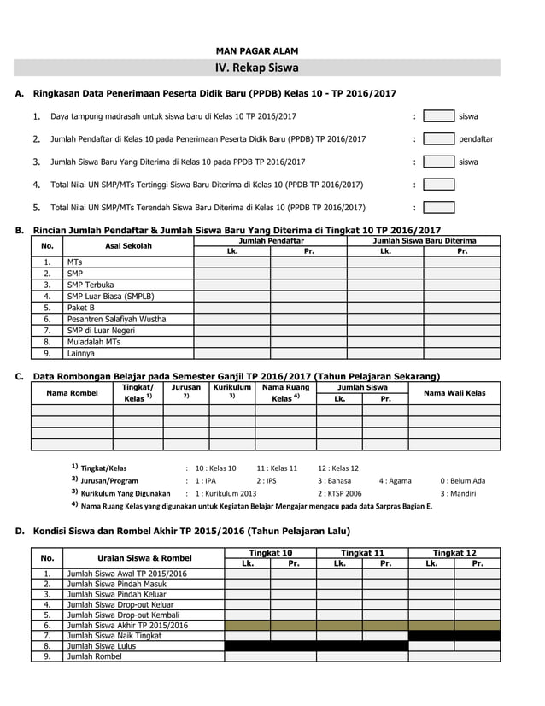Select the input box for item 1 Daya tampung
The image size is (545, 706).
click(438, 115)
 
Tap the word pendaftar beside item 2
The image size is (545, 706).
click(476, 138)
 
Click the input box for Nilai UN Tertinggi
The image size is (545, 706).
click(438, 184)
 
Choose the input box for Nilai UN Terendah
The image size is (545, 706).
click(438, 207)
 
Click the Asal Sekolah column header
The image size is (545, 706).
click(128, 246)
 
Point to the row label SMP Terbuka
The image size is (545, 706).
click(91, 285)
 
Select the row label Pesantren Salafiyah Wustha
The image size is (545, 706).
click(116, 319)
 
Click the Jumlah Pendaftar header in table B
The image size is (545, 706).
click(271, 241)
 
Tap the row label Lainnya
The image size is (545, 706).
click(81, 353)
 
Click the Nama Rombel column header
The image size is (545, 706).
click(72, 392)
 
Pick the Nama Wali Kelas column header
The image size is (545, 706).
click(454, 392)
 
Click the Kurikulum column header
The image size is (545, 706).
click(231, 387)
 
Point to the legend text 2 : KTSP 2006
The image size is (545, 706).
click(339, 493)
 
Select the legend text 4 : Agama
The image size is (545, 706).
click(396, 480)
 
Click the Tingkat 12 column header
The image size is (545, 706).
click(454, 552)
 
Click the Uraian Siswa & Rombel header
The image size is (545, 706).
click(144, 557)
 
